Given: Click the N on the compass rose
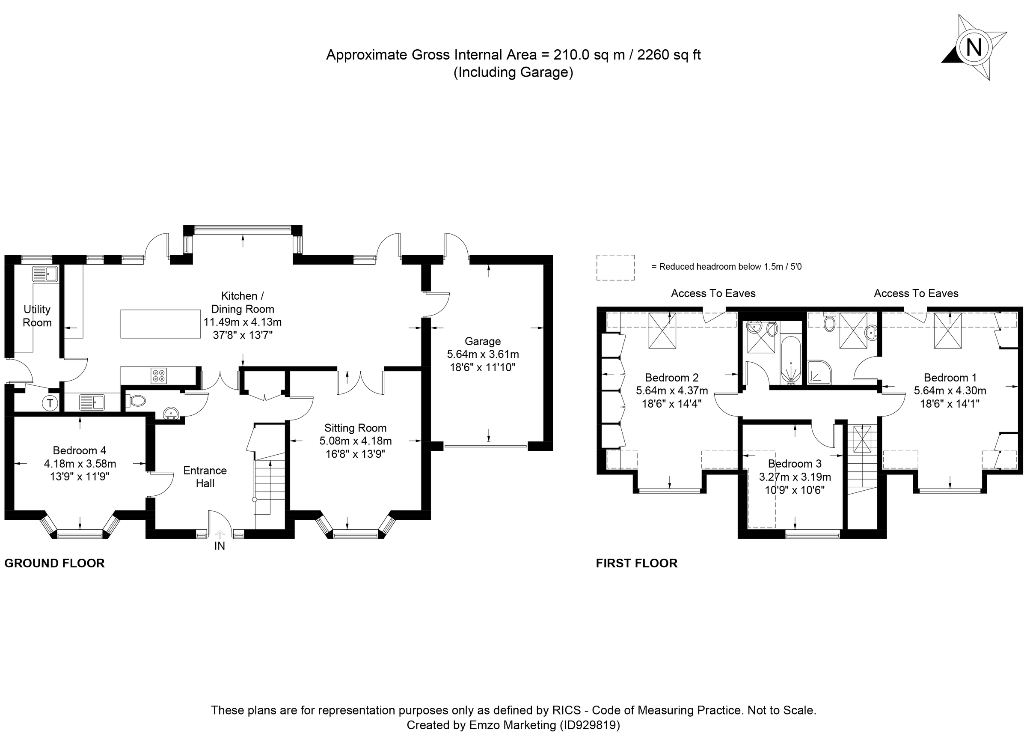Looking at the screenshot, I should click(x=974, y=47).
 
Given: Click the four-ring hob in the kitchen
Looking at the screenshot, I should click(x=158, y=375).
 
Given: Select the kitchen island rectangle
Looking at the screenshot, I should click(x=160, y=323).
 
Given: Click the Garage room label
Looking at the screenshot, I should click(x=482, y=341).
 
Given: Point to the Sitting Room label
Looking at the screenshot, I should click(x=355, y=428).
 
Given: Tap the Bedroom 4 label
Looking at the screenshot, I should click(x=79, y=450).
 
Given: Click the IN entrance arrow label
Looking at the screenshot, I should click(x=220, y=546).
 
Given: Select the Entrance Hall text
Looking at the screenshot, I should click(x=205, y=477).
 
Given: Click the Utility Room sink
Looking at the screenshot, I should click(x=45, y=274).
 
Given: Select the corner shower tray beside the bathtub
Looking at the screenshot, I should click(x=819, y=372).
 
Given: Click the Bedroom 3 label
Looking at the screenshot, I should click(x=794, y=463).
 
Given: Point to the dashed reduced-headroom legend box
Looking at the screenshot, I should click(x=615, y=267).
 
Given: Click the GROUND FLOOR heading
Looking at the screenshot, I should click(x=54, y=563).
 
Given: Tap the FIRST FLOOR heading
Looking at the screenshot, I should click(x=636, y=563).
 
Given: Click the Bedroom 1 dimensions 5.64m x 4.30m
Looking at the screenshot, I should click(x=950, y=390).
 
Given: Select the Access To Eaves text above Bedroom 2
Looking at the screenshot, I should click(x=713, y=293).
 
